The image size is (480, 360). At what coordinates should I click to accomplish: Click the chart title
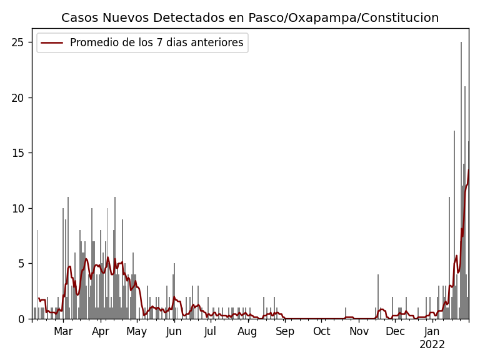250,17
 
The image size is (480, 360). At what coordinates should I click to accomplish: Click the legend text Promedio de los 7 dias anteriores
156,43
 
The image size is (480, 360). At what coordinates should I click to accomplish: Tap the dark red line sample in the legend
52,43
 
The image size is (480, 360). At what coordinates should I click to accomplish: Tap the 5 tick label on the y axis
24,264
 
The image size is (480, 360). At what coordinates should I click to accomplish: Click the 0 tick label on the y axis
24,319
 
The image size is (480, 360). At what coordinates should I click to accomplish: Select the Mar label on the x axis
63,331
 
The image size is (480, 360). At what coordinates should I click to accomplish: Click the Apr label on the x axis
101,331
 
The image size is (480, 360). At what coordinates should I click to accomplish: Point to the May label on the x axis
137,331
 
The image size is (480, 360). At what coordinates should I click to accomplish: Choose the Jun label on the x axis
174,331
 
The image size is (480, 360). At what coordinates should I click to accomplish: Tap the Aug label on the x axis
247,331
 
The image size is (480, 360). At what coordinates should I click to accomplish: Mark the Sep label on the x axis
285,331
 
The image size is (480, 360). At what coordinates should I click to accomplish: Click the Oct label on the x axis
321,331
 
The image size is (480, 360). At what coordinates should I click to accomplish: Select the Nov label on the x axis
359,331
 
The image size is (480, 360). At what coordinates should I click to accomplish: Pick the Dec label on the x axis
395,331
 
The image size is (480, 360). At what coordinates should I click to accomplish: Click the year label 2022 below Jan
432,344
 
